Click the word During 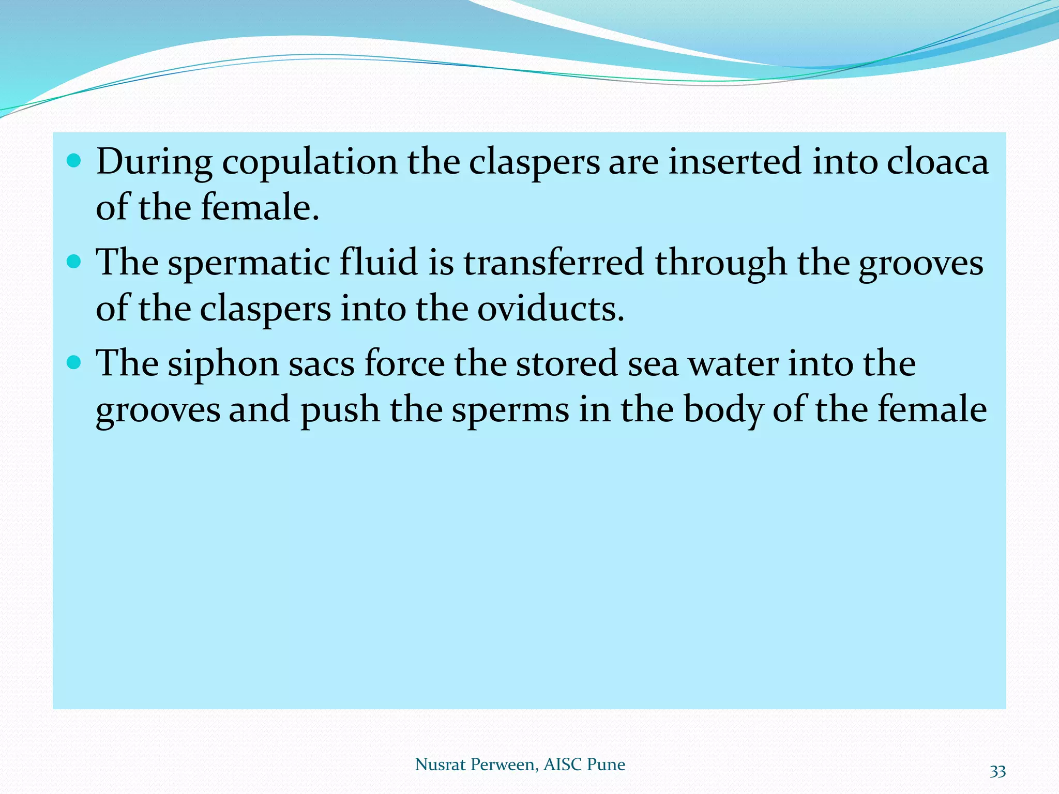pyautogui.click(x=154, y=162)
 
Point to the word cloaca pyautogui.click(x=937, y=161)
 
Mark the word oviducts pyautogui.click(x=550, y=308)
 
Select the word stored pyautogui.click(x=567, y=363)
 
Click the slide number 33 pyautogui.click(x=997, y=772)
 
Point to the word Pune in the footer pyautogui.click(x=606, y=764)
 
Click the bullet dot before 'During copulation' pyautogui.click(x=74, y=161)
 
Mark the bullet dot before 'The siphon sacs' pyautogui.click(x=74, y=362)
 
